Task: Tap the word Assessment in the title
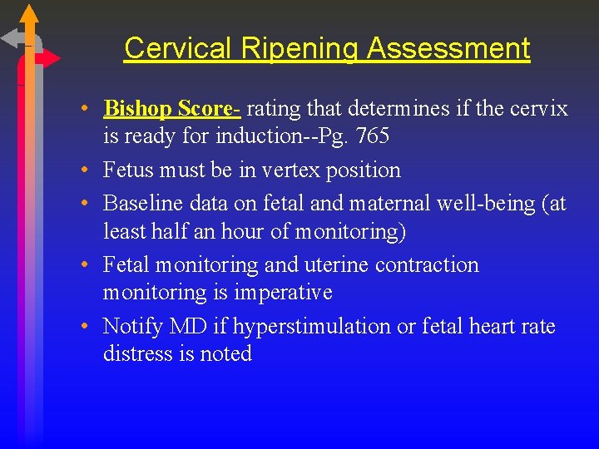pyautogui.click(x=448, y=48)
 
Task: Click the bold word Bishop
pyautogui.click(x=138, y=109)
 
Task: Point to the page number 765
pyautogui.click(x=371, y=135)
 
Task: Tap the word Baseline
pyautogui.click(x=145, y=204)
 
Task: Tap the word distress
pyautogui.click(x=137, y=353)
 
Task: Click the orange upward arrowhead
pyautogui.click(x=29, y=12)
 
